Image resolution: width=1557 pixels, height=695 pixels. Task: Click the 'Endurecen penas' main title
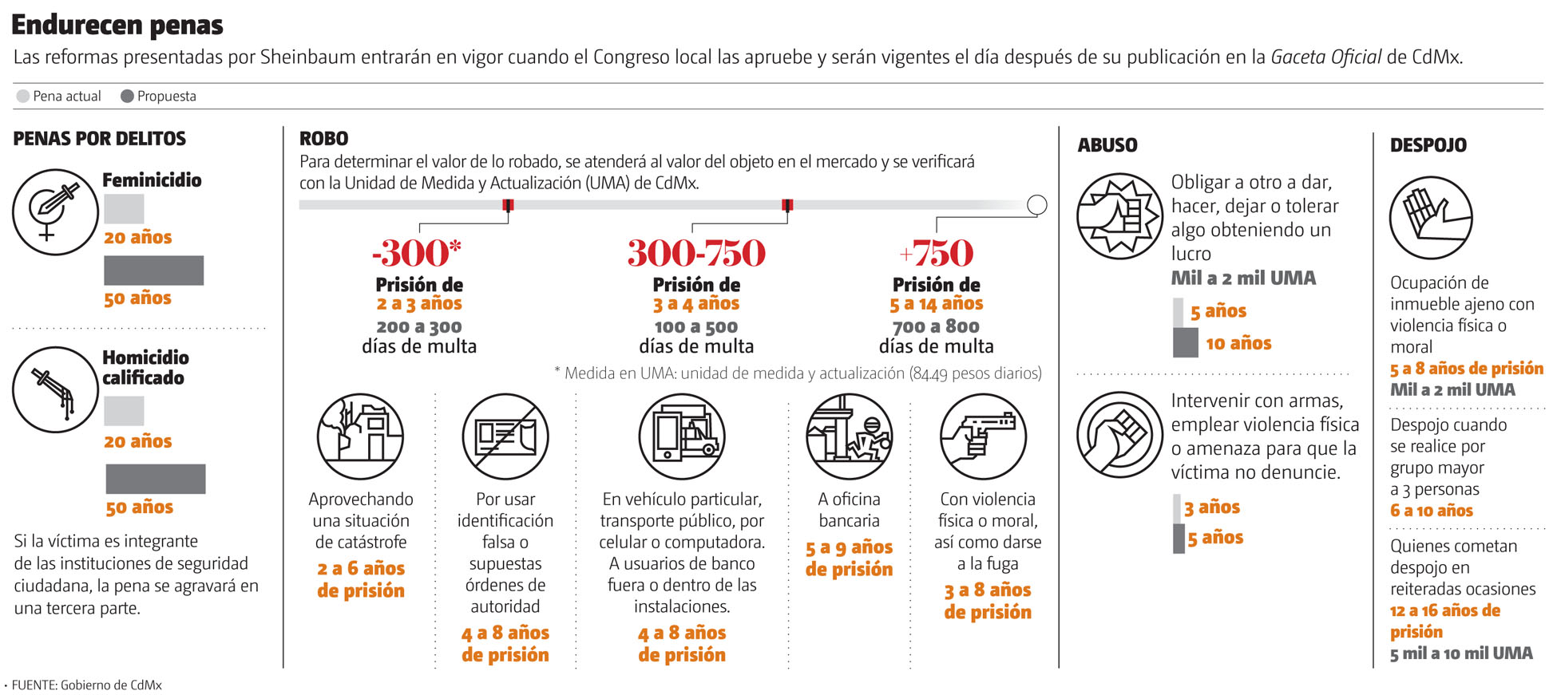pos(117,26)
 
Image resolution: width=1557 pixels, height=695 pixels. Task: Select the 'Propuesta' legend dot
pos(127,97)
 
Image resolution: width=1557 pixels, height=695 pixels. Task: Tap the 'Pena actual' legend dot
pos(23,97)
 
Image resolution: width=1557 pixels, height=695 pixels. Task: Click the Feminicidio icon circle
pos(55,212)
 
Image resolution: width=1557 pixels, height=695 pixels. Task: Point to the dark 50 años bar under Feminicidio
pos(153,270)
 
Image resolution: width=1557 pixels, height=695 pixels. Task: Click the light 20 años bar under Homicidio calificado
pos(124,411)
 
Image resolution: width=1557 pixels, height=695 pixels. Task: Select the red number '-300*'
pos(417,253)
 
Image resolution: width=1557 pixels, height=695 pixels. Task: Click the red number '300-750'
pos(696,253)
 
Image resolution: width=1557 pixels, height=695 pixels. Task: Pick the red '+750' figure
pos(936,253)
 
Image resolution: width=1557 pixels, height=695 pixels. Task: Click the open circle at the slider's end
pos(1036,205)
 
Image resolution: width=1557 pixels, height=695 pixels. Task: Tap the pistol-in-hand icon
pos(983,436)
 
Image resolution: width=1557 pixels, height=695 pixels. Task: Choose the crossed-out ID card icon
pos(505,436)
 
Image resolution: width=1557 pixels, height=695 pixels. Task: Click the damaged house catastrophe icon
pos(360,436)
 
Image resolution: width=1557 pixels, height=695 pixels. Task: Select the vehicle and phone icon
pos(682,436)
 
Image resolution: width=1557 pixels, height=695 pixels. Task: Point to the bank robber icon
pos(849,436)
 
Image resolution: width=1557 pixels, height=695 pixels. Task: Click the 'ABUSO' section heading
pos(1107,145)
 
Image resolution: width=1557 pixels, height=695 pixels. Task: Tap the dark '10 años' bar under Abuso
pos(1186,343)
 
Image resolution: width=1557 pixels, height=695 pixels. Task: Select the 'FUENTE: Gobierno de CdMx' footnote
pos(86,685)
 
